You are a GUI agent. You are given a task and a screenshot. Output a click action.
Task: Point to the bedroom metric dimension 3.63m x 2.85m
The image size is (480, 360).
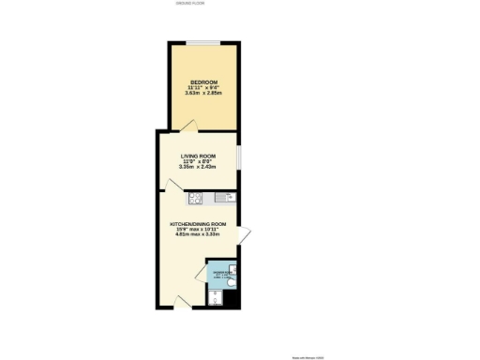203,95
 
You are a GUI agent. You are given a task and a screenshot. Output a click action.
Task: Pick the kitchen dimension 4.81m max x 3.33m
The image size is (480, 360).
197,234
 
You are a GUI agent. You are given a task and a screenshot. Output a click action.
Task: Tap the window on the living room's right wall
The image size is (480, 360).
238,157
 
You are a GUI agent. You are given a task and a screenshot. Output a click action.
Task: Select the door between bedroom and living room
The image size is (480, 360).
188,126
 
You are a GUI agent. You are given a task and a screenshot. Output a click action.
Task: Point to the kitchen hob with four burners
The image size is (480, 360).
196,198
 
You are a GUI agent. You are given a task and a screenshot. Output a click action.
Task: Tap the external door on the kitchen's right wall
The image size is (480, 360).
243,235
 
